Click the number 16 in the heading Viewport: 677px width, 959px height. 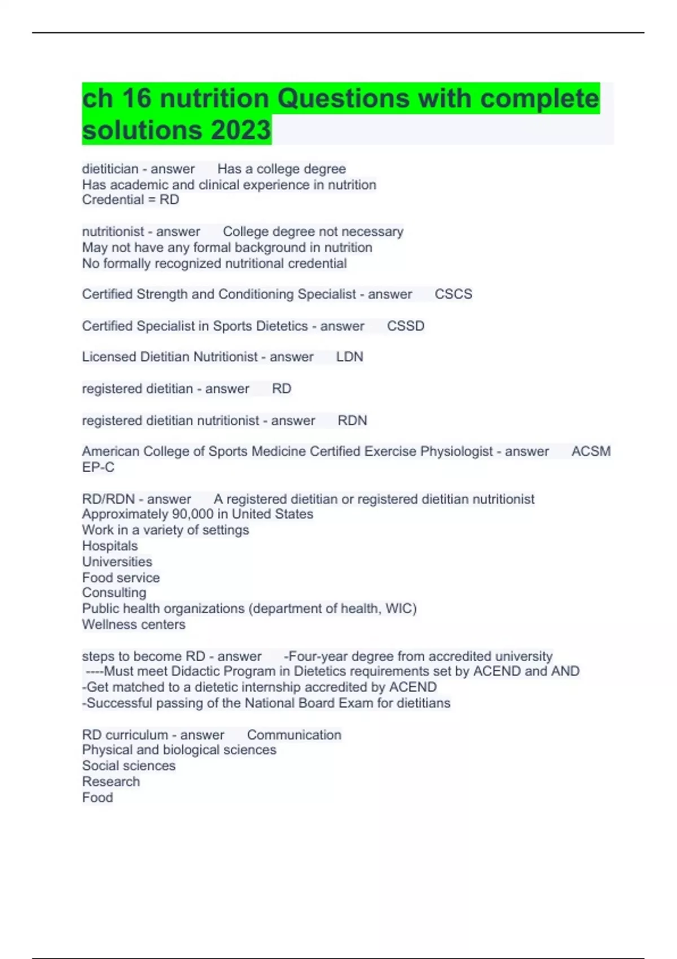[137, 99]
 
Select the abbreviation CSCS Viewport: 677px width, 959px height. [453, 294]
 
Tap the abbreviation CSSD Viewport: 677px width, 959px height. [406, 326]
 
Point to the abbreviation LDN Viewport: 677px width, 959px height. [350, 357]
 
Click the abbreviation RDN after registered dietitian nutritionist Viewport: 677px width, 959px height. [352, 421]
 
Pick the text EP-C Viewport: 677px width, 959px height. [98, 467]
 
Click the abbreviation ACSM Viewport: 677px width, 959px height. [591, 451]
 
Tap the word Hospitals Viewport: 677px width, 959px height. [110, 546]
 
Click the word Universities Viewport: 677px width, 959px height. [117, 562]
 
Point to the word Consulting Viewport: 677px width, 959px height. [114, 593]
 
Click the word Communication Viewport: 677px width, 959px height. [294, 735]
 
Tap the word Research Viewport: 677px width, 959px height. [111, 782]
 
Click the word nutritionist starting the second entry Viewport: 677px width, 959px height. [113, 232]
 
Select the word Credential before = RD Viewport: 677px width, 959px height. [113, 200]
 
